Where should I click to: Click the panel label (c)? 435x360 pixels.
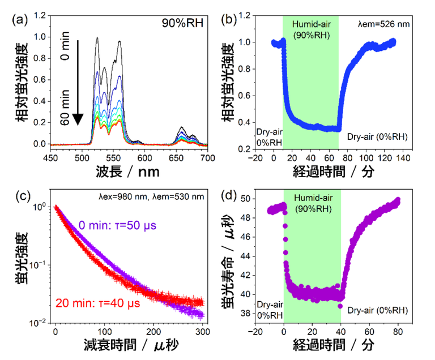(x=19, y=197)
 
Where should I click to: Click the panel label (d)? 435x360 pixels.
(x=234, y=197)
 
